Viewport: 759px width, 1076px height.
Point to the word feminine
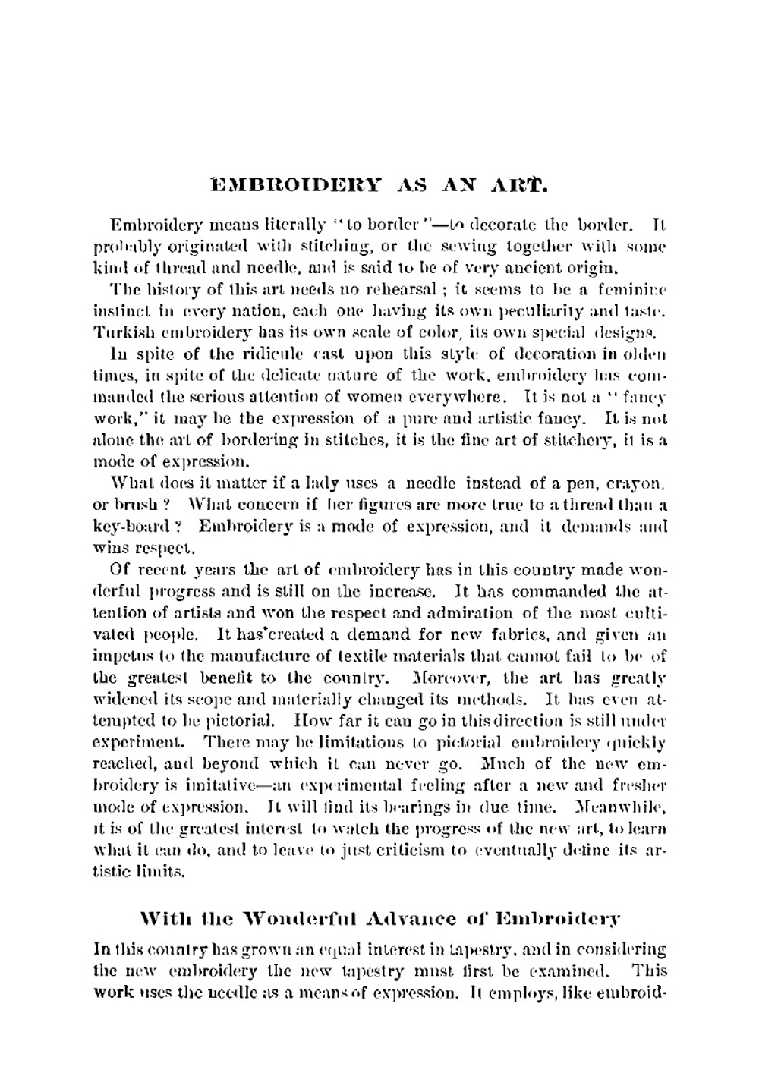point(631,289)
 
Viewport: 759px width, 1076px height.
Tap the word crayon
point(640,483)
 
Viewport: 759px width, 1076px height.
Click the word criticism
point(414,850)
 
